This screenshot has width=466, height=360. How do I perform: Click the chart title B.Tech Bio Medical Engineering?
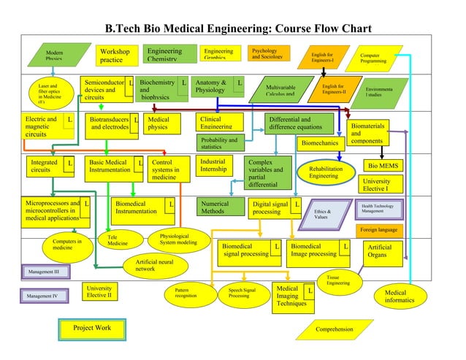(239, 28)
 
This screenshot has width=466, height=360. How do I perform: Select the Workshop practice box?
(116, 55)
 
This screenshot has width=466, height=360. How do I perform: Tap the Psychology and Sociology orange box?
(270, 53)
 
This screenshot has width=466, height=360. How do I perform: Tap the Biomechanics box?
(320, 143)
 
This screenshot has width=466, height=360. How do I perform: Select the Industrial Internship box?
(216, 165)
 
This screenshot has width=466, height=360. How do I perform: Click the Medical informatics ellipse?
(400, 296)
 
